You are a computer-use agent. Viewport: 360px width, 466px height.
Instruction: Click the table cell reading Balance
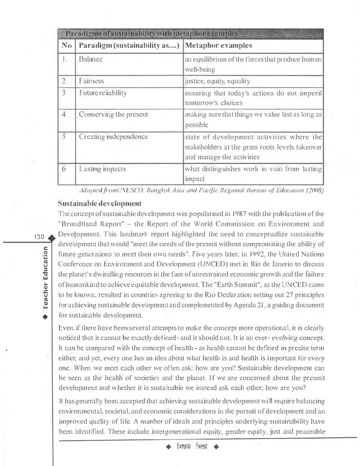[92, 58]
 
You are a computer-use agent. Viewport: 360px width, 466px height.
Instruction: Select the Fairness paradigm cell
[92, 81]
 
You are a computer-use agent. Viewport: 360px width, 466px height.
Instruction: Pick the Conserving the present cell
[110, 115]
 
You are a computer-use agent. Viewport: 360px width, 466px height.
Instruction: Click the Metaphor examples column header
[219, 44]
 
